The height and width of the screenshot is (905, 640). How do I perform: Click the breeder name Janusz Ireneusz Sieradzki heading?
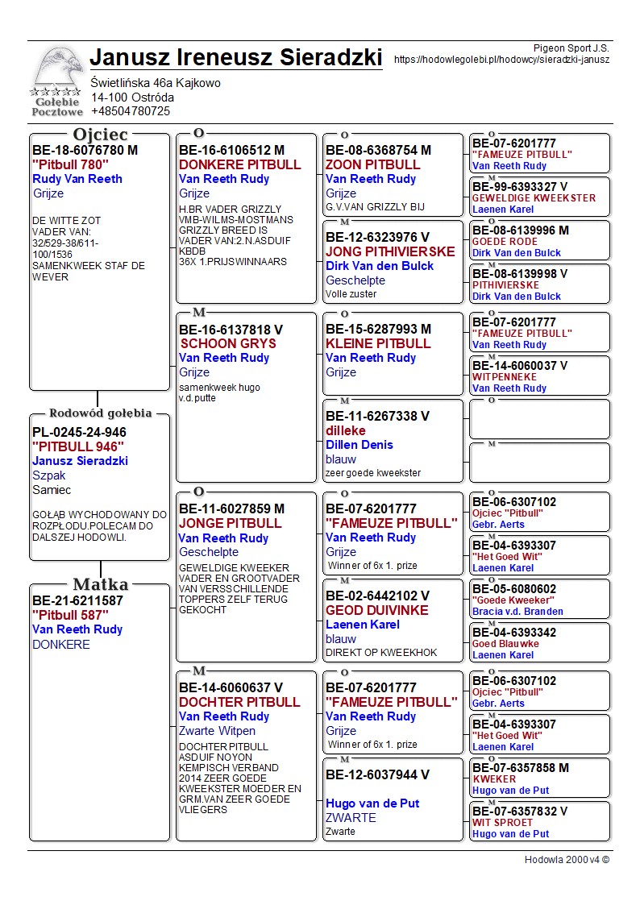click(235, 57)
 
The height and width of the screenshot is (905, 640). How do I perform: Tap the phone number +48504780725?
click(131, 111)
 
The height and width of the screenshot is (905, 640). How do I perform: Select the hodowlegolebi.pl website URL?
click(501, 60)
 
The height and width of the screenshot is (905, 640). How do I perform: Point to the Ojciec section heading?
click(101, 135)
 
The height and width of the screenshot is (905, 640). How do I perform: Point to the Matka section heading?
click(100, 584)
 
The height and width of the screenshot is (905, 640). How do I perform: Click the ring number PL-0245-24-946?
click(79, 432)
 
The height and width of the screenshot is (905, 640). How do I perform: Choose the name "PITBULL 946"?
click(78, 446)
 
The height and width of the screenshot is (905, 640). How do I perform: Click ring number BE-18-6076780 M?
click(85, 150)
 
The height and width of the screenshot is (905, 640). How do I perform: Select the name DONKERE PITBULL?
click(239, 164)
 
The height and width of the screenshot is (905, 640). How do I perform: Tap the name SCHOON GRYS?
click(228, 343)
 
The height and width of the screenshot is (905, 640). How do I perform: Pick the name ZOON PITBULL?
click(373, 164)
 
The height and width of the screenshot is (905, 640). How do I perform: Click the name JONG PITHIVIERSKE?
click(390, 251)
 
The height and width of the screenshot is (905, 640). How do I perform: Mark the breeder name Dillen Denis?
click(359, 445)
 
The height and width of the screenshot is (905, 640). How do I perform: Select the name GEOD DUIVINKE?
click(376, 610)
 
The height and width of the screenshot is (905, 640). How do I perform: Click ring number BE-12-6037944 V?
click(378, 774)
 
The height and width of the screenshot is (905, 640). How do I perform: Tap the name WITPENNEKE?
click(505, 377)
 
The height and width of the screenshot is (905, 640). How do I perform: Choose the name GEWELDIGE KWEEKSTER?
click(534, 198)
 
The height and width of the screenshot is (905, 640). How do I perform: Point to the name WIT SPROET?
click(502, 823)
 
